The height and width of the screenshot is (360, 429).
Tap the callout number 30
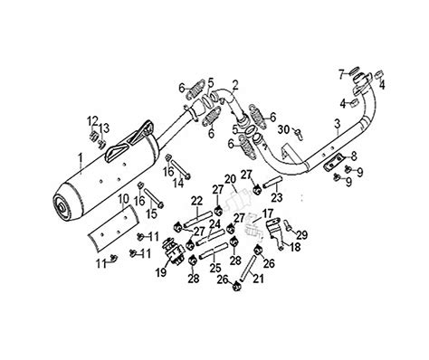coord(283,129)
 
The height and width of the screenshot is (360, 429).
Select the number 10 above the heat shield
coord(123,200)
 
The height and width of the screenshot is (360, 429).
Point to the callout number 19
coord(161,272)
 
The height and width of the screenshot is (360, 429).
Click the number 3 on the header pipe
coord(337,124)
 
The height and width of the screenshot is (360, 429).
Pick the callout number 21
coord(258,279)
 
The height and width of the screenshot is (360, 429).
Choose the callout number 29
coord(301,235)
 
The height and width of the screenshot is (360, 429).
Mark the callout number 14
coord(179,183)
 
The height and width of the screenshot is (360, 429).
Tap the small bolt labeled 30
coord(300,134)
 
